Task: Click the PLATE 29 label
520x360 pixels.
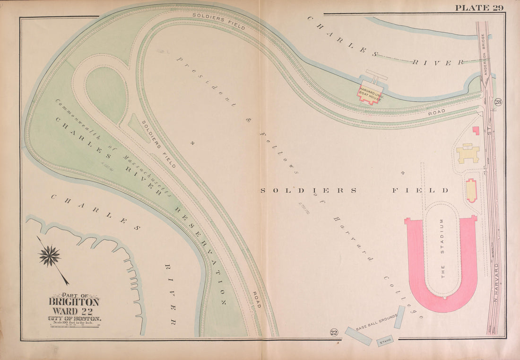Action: (479, 8)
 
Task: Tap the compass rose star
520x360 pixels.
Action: (50, 256)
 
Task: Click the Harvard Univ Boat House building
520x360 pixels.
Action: (370, 93)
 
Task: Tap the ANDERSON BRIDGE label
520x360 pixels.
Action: (484, 57)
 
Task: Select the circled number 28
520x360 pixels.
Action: (498, 102)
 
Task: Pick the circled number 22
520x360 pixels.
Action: (334, 333)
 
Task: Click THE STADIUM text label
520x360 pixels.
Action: (442, 249)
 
